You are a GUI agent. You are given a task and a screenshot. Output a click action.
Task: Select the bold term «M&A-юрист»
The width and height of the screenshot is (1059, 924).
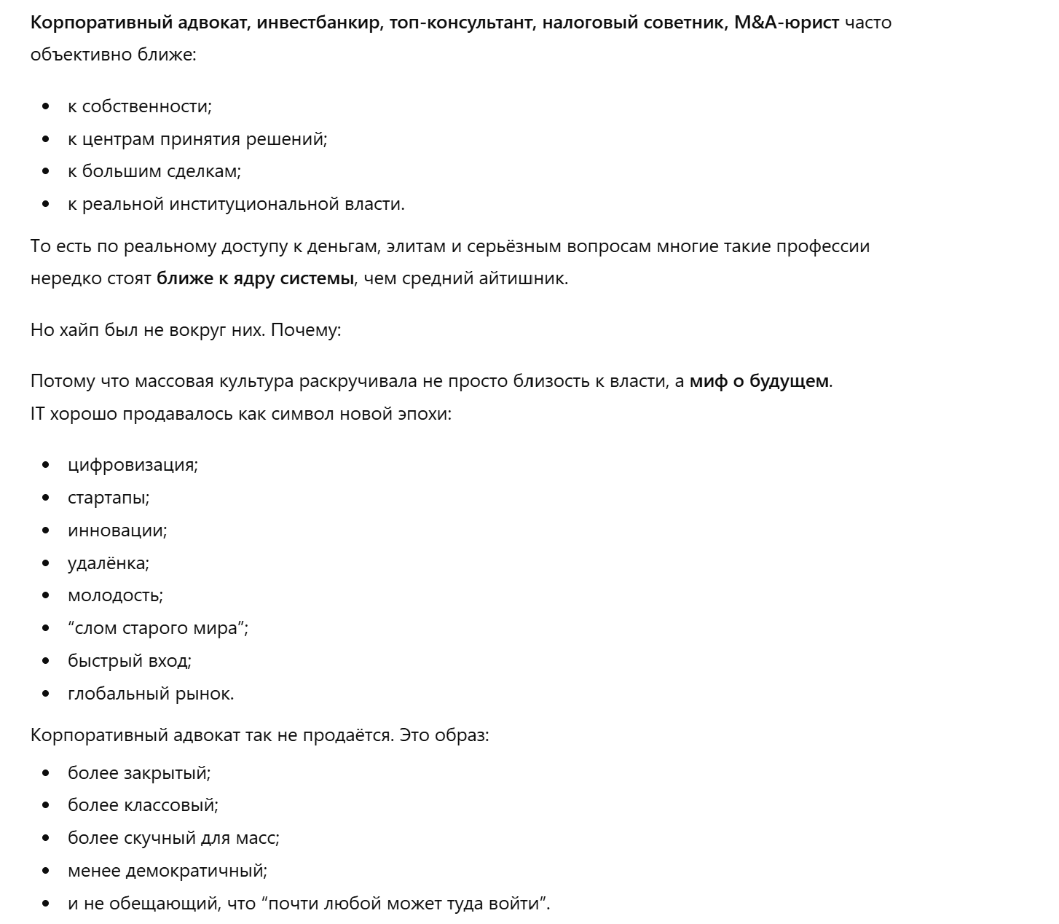coord(787,23)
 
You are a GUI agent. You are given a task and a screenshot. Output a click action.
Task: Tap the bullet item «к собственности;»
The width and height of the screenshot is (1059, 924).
coord(139,106)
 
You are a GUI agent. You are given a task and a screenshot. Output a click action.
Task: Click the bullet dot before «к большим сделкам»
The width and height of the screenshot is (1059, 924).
coord(47,172)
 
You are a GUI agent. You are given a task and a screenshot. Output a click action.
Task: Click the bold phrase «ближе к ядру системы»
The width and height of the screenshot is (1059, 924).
coord(255,278)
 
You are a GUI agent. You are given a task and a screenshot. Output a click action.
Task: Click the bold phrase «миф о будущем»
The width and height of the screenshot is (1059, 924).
coord(758,381)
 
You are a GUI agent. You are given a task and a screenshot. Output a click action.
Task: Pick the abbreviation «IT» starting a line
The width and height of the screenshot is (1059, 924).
coord(38,414)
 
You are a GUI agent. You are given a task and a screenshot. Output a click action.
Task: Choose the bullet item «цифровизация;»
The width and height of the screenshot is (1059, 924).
coord(133,465)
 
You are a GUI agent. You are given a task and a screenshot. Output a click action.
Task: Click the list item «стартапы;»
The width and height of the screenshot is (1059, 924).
coord(109,498)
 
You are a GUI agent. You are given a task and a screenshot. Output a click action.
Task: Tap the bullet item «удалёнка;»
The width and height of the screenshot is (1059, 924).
coord(108,563)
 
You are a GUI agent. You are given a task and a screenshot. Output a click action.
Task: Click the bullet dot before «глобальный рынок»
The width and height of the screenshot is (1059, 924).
coord(47,694)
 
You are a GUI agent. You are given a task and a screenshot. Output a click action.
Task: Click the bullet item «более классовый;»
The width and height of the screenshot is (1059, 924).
coord(143,805)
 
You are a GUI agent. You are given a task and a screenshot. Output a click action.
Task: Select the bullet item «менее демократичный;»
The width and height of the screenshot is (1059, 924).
coord(168,871)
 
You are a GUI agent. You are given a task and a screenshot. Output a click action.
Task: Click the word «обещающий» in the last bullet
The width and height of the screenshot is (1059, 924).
coord(164,904)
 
